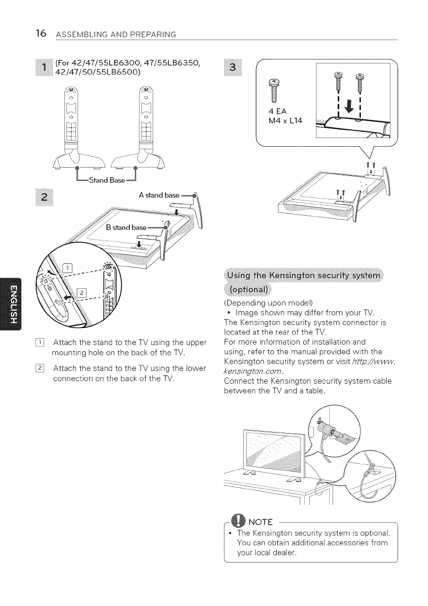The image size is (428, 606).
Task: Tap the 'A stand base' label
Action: point(159,195)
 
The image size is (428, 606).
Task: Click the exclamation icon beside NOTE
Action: point(238,520)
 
